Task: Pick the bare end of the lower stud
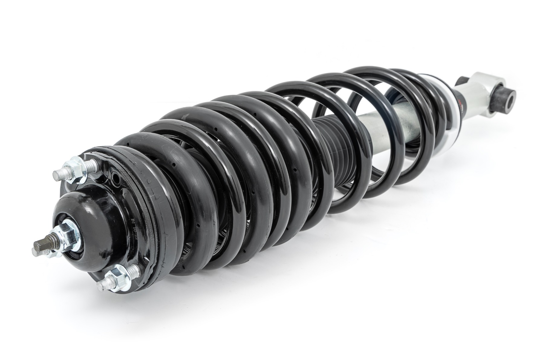pos(102,285)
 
